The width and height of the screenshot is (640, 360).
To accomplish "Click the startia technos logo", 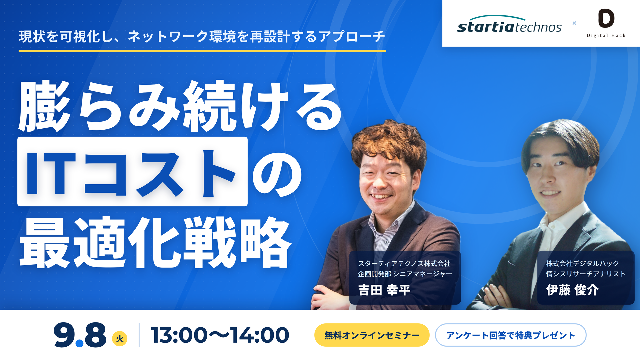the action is coord(509,24).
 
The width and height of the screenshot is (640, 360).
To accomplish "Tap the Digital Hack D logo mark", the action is coord(606,18).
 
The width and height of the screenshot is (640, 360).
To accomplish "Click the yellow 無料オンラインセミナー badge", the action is coord(372,335).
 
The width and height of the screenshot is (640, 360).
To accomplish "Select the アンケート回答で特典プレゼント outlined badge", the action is coord(511,335).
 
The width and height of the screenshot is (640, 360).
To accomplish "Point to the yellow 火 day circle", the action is coord(120,339).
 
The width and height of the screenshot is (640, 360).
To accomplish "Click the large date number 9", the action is coord(64,334).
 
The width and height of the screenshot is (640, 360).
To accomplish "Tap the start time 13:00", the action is coord(179,335).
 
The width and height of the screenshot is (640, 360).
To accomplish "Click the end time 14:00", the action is coord(260,335).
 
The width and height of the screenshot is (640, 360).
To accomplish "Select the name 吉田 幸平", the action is coord(384,290).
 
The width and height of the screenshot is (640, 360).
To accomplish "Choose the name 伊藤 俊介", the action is coord(572,290).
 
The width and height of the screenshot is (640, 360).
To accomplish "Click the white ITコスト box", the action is coord(132,171).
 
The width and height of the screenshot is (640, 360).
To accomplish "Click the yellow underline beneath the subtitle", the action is coord(202,51).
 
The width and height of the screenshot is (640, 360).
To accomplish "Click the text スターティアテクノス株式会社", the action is coord(404,264).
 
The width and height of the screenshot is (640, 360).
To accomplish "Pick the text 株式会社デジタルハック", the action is coord(583,264).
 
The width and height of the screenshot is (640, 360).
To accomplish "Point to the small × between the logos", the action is coord(574,23).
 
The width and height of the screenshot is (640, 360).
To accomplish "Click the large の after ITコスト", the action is coord(277,175).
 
